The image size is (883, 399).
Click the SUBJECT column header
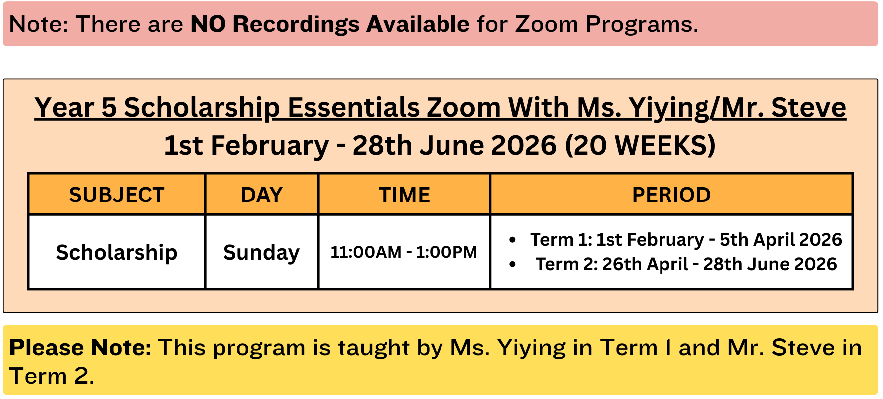(x=117, y=195)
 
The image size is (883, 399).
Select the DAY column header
(x=262, y=195)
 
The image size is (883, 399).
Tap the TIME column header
(x=404, y=195)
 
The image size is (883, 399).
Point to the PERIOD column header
(x=671, y=195)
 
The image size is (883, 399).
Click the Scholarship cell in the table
(x=117, y=252)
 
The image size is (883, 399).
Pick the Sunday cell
(x=261, y=252)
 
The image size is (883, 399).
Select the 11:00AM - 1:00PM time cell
(x=404, y=252)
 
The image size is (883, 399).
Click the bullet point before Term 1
(x=512, y=240)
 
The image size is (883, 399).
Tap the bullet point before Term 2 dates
(x=512, y=264)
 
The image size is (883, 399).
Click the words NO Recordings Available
(x=330, y=24)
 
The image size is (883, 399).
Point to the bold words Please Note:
(x=80, y=347)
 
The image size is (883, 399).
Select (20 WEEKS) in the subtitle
(x=640, y=145)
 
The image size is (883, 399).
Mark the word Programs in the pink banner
(x=642, y=24)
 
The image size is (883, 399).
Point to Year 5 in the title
(x=75, y=108)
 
